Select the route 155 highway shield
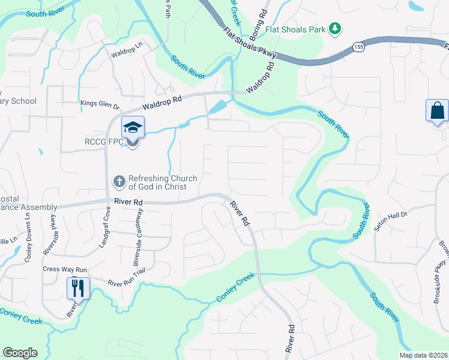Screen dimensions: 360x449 (x=359, y=47)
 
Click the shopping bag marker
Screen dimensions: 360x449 (x=436, y=112)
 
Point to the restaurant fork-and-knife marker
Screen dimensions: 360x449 (x=79, y=288)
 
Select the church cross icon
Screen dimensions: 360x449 (x=119, y=181)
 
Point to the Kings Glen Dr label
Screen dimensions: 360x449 (x=100, y=104)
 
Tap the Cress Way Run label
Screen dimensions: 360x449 (x=65, y=269)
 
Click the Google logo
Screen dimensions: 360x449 (x=20, y=353)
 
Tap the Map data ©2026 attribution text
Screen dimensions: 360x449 (x=423, y=355)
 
